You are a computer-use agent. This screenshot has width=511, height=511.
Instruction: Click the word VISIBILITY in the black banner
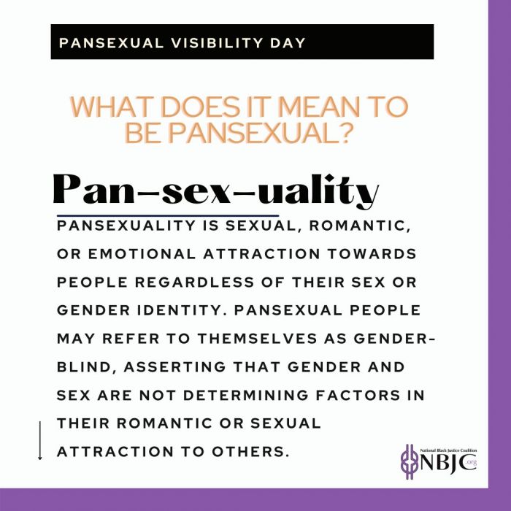[217, 43]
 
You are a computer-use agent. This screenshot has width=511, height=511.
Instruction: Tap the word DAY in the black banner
[288, 43]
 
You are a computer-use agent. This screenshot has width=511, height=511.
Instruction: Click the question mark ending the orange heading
[345, 133]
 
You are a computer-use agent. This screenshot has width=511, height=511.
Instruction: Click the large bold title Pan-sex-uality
[216, 190]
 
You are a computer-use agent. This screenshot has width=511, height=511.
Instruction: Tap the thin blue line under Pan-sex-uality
[168, 215]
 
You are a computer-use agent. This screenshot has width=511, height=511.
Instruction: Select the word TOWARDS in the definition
[372, 254]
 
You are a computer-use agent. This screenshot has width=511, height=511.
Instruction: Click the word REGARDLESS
[194, 283]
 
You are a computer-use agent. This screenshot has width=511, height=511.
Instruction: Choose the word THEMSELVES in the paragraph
[258, 339]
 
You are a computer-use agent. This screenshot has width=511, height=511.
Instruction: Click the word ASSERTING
[174, 367]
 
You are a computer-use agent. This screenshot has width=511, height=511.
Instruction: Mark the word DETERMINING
[246, 396]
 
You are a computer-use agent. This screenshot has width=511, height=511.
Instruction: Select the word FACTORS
[358, 396]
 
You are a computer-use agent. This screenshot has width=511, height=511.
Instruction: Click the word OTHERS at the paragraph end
[250, 452]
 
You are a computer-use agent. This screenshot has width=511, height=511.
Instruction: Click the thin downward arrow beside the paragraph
[40, 441]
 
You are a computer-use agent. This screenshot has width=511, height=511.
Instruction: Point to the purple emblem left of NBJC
[410, 461]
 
